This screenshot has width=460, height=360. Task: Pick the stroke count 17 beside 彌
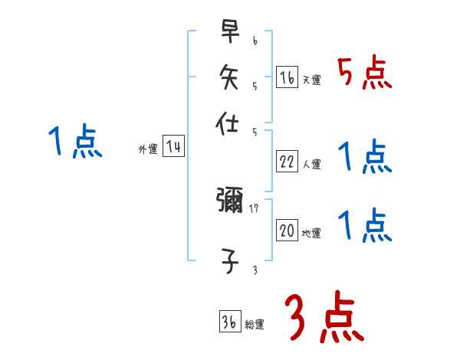coord(254,208)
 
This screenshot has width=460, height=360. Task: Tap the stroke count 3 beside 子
coord(254,270)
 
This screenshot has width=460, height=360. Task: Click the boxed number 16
coord(287,77)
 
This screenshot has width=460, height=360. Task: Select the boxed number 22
coord(287,161)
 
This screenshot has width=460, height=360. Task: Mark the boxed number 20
coord(287,231)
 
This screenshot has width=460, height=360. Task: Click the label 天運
coord(312,80)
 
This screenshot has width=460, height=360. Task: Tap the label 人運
coord(312,164)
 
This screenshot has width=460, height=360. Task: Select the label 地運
coord(312,234)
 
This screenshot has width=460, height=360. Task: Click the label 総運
coord(255,325)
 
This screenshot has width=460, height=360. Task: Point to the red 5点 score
coord(365,74)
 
